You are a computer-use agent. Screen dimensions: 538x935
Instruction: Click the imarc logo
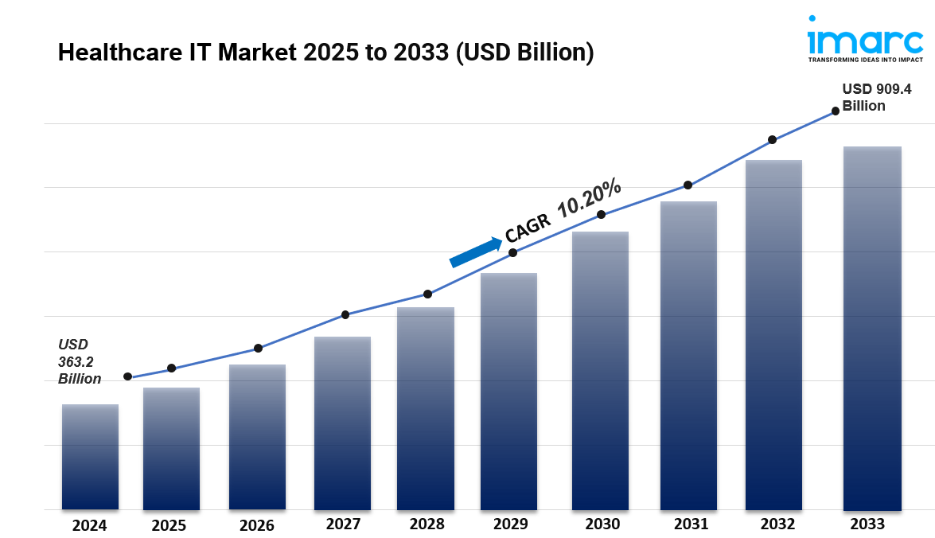866,39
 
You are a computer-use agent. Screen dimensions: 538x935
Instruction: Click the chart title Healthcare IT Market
325,53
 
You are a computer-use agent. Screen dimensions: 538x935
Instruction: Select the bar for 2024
90,457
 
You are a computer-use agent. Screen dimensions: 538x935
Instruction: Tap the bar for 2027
342,423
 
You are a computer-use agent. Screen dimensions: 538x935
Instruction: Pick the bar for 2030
600,371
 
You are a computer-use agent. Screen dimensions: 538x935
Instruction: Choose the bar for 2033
872,328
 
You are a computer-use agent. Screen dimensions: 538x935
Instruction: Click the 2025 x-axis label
169,525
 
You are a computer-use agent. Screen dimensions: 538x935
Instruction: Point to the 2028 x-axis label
427,524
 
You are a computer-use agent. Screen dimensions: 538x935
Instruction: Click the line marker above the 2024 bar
127,376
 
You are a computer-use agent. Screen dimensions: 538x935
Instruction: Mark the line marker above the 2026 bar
258,348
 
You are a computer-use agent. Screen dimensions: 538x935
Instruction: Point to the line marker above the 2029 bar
512,252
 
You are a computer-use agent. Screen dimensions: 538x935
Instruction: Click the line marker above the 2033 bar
836,111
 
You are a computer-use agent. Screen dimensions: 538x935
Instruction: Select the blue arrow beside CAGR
476,251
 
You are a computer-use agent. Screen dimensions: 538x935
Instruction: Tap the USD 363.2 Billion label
79,361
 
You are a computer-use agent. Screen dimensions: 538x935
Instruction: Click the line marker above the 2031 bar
688,185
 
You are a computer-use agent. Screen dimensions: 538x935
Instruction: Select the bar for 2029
508,391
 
